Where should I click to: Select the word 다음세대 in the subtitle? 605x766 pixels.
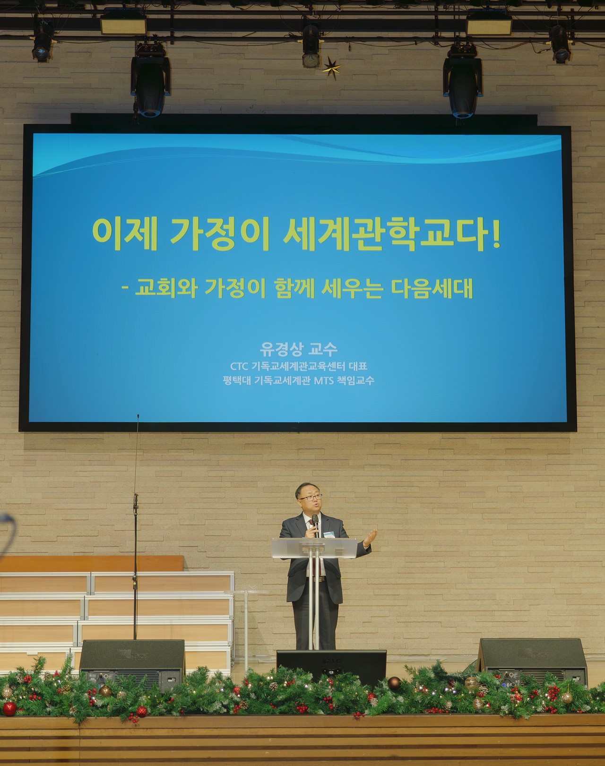click(432, 289)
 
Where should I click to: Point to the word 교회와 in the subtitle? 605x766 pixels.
click(166, 289)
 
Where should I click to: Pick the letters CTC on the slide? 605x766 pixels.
click(239, 366)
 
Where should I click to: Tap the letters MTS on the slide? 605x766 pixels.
click(324, 380)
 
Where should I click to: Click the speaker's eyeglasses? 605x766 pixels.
click(311, 498)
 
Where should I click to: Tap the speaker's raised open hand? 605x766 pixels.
click(371, 537)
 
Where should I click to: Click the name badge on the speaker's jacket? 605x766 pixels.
click(329, 534)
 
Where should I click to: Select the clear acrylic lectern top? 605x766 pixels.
click(314, 548)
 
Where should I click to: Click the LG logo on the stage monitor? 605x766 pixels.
click(331, 661)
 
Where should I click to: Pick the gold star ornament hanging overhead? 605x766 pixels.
click(331, 68)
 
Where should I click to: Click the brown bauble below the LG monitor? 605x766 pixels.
click(394, 683)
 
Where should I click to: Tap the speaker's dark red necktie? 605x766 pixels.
click(317, 555)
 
